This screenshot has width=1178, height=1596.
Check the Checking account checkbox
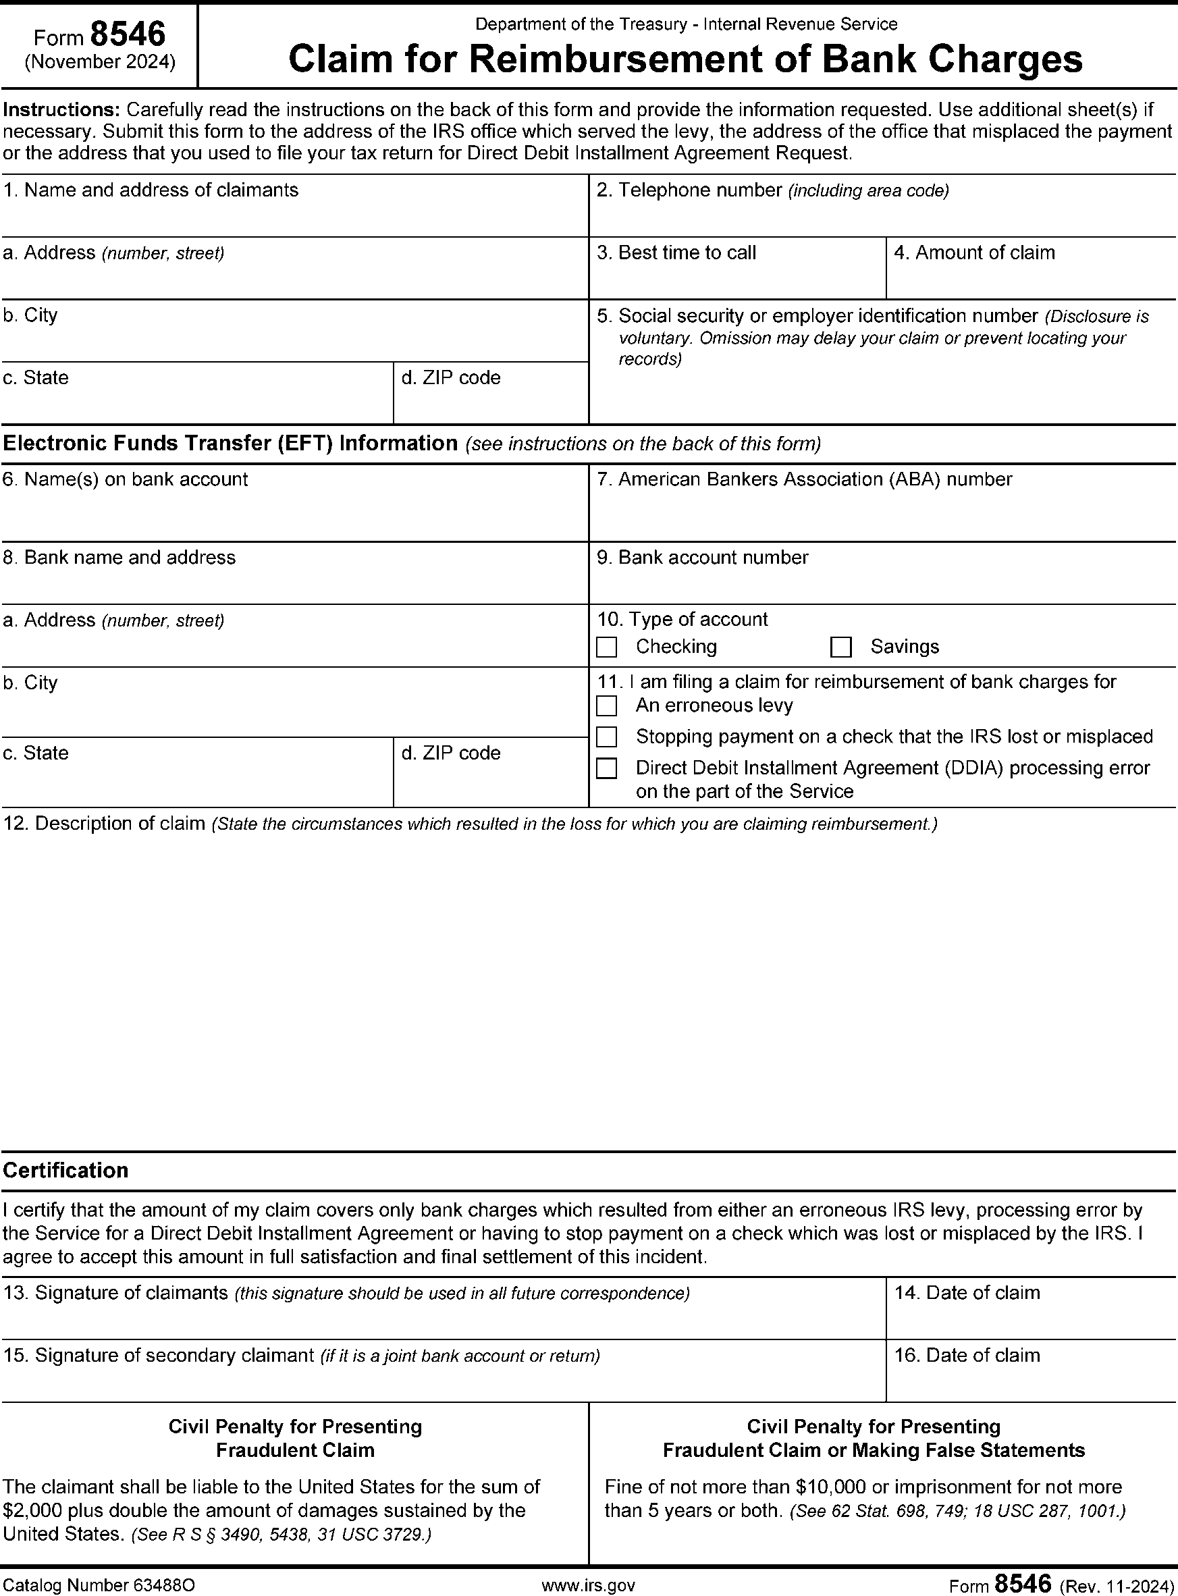point(606,647)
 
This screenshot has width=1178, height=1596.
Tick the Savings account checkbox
point(840,647)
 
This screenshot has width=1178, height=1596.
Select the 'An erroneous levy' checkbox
point(606,706)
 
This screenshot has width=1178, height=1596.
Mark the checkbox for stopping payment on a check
point(606,737)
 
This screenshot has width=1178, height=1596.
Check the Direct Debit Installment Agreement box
point(606,768)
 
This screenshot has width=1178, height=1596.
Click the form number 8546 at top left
point(128,34)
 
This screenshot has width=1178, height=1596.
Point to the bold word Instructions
point(61,110)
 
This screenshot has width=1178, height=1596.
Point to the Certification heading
point(65,1170)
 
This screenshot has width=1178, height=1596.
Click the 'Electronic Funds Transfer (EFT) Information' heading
point(230,444)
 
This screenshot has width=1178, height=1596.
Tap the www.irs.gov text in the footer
point(588,1584)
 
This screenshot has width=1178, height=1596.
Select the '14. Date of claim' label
point(967,1293)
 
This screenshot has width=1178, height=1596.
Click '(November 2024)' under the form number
point(100,63)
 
